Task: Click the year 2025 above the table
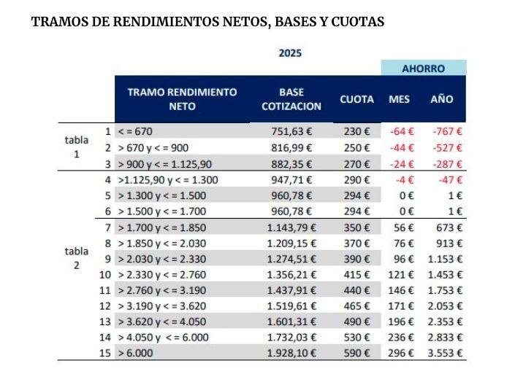[290, 52]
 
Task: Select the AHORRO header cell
[423, 69]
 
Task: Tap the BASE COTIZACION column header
[291, 99]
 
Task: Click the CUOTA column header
[356, 99]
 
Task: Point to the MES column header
[399, 99]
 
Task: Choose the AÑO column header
[441, 99]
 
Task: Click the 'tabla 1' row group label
[76, 147]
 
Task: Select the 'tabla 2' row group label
[76, 258]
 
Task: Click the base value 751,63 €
[291, 132]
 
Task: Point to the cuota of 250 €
[357, 147]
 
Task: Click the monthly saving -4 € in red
[403, 179]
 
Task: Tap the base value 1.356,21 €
[291, 275]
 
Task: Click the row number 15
[105, 353]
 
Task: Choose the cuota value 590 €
[357, 353]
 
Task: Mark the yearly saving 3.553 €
[445, 353]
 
